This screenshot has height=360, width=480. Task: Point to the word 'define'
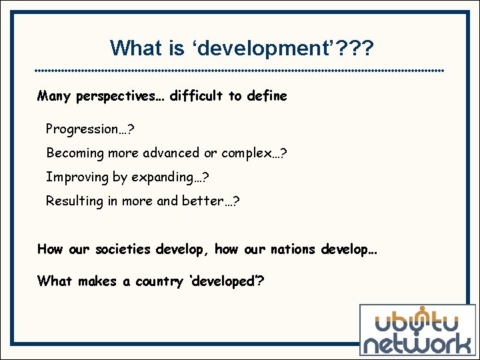tap(267, 96)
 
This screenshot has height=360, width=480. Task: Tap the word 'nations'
tap(293, 249)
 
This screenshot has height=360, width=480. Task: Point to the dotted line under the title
tap(239, 70)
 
